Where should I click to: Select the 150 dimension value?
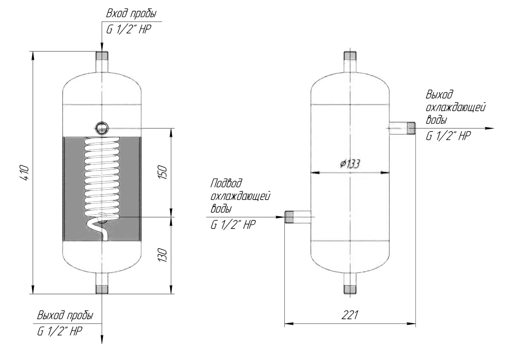(163, 172)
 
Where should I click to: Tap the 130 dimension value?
(163, 255)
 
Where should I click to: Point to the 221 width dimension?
(350, 315)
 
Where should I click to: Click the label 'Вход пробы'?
(131, 14)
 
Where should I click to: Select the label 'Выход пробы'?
(65, 316)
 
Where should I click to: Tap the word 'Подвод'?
(226, 184)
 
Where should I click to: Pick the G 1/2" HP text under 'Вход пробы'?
(129, 30)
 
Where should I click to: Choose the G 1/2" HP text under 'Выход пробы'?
(60, 331)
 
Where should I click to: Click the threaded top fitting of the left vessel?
(102, 55)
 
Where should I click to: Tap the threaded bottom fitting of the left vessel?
(102, 290)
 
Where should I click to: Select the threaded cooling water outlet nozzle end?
(411, 128)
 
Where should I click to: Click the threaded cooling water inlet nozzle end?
(289, 217)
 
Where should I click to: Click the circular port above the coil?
(102, 128)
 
